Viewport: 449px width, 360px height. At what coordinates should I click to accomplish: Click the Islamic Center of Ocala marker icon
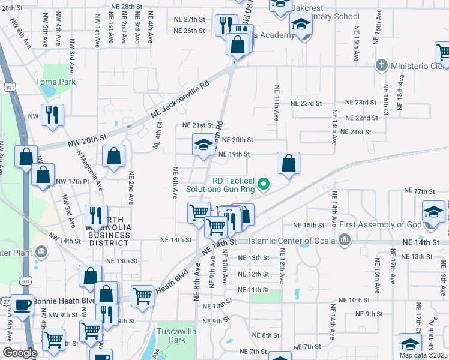(344, 241)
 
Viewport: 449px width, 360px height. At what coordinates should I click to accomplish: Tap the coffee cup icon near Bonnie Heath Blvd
(23, 304)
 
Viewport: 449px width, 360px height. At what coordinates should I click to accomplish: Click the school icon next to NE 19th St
(203, 145)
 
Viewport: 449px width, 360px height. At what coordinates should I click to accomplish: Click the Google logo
(19, 353)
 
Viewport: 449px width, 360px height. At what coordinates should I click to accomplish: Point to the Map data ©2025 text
(423, 355)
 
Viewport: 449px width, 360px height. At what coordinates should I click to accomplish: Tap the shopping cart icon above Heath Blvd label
(142, 296)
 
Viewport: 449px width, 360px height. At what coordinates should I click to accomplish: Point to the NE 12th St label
(254, 274)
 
